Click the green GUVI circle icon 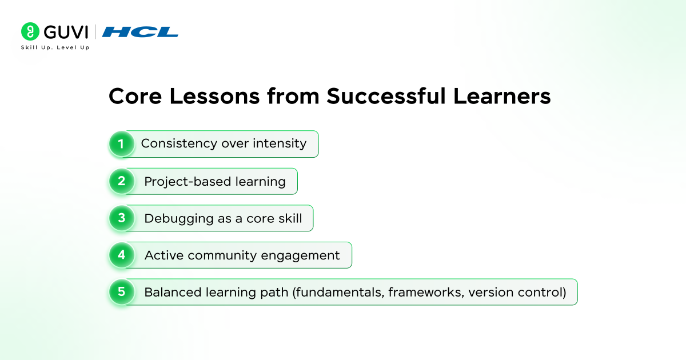click(30, 31)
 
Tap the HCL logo click(140, 32)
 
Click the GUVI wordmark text click(66, 32)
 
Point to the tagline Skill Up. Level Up click(55, 47)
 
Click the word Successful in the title click(386, 96)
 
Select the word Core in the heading click(135, 97)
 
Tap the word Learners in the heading click(502, 96)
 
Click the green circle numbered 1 click(122, 144)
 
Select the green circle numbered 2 click(122, 181)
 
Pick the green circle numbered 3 click(122, 218)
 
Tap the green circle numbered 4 click(122, 255)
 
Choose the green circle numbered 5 click(122, 292)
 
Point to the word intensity click(280, 143)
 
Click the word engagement click(301, 256)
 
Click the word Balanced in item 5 click(173, 293)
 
